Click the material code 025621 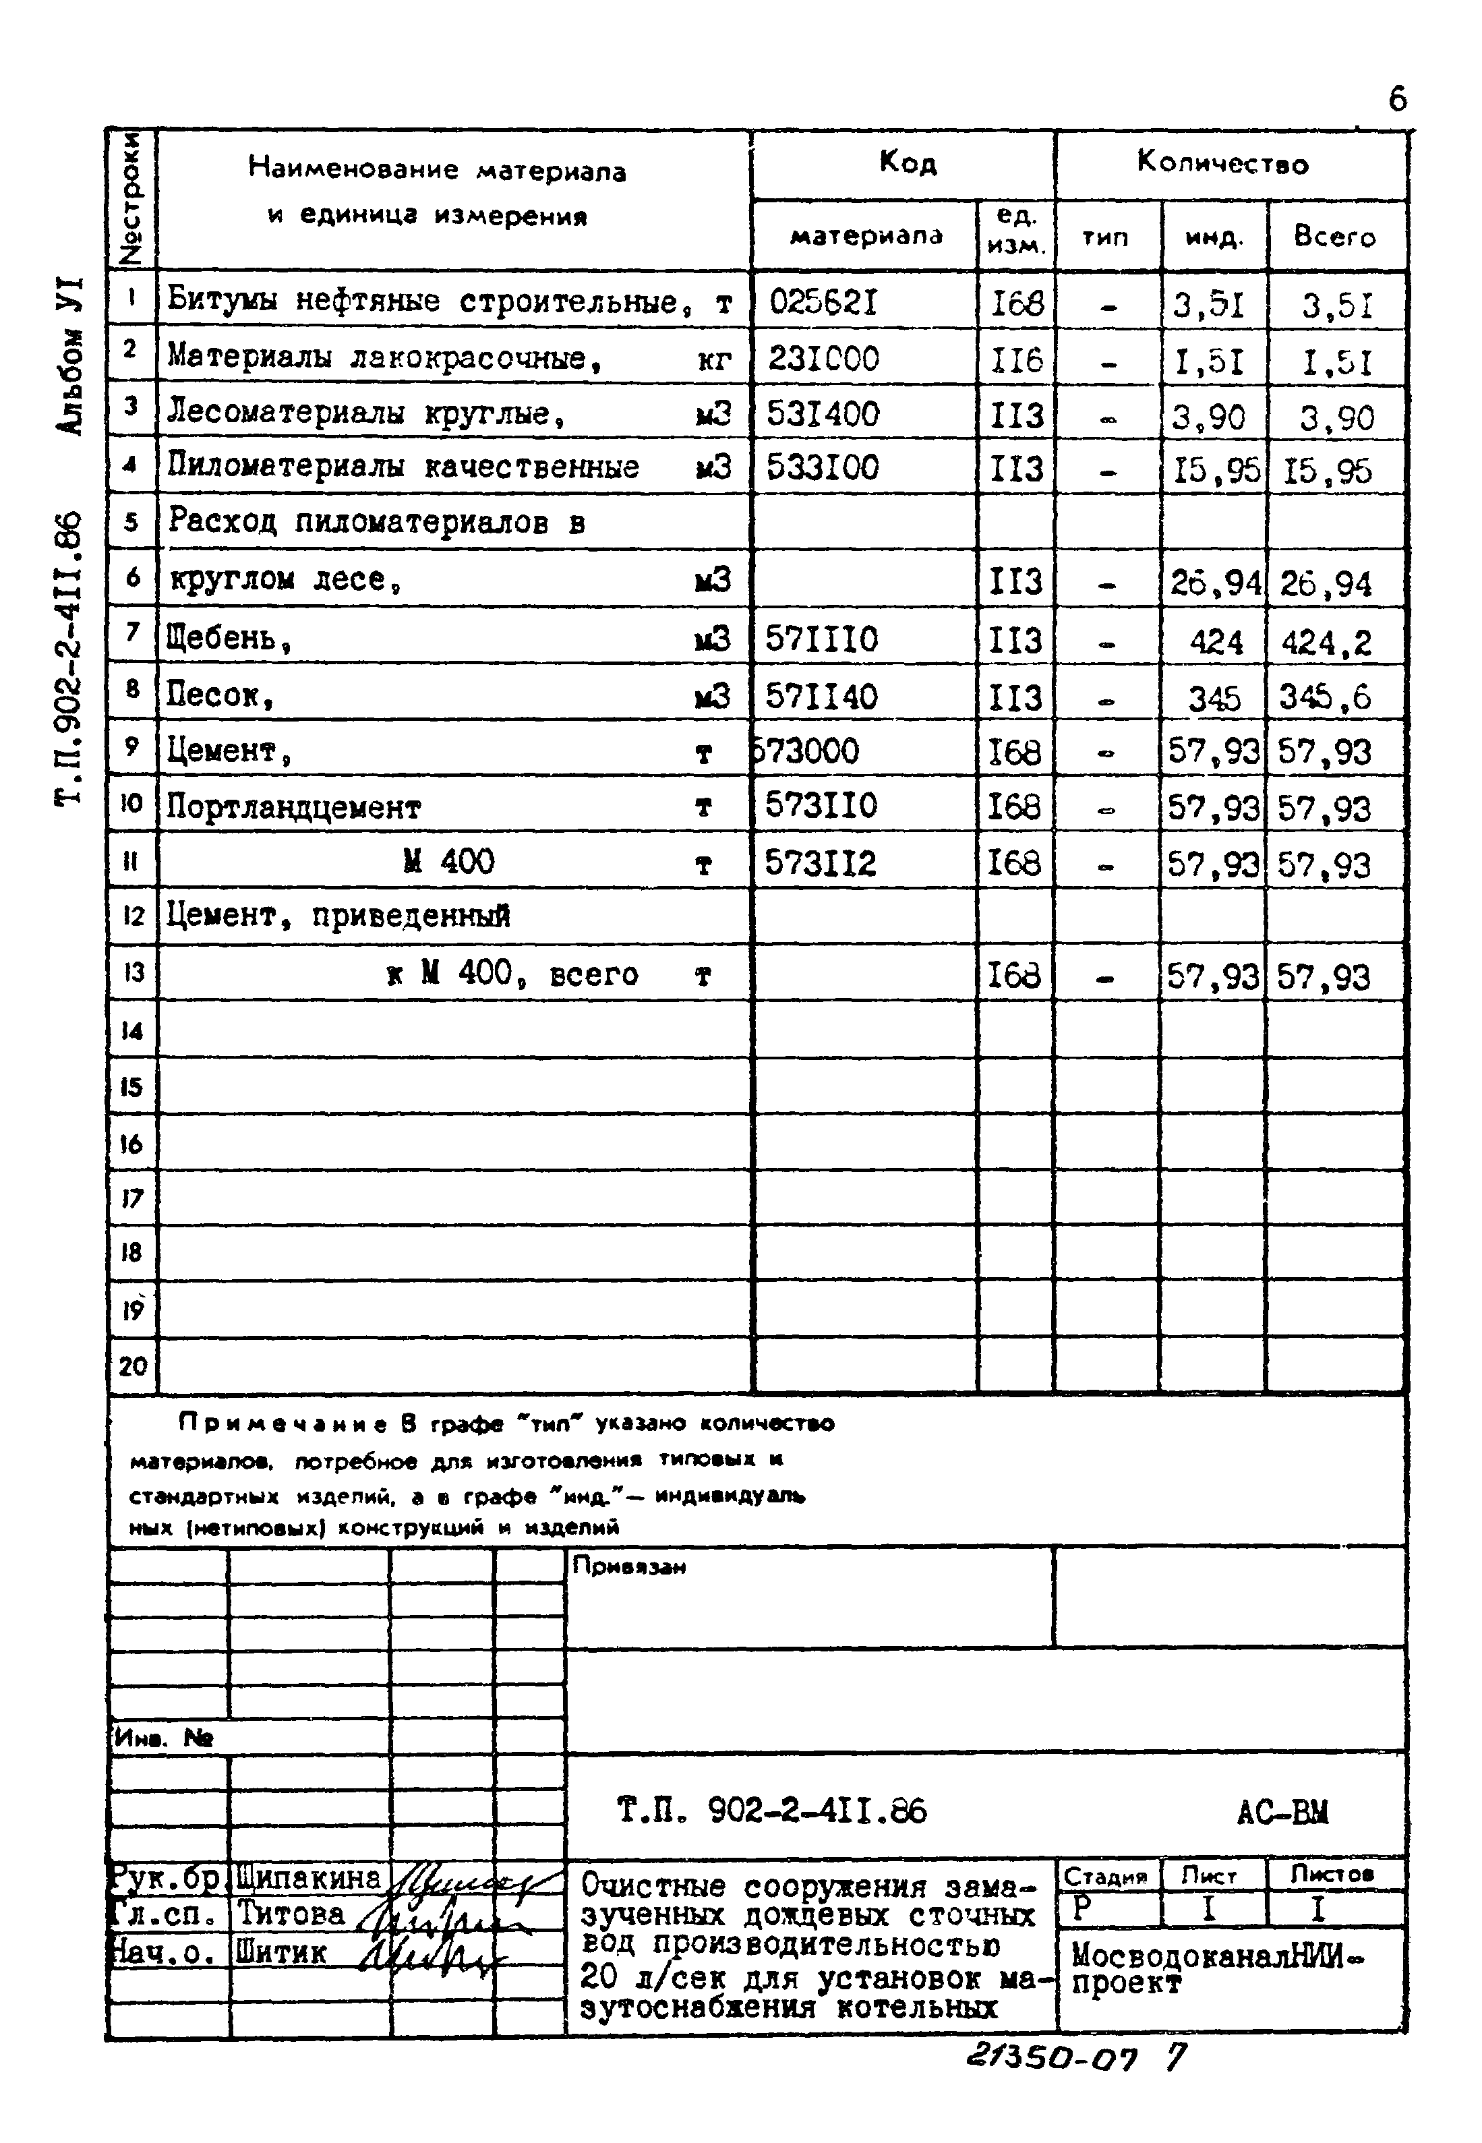tap(823, 303)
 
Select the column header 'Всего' tap(1334, 237)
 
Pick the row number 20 tap(133, 1366)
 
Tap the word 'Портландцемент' tap(293, 807)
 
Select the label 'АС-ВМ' tap(1282, 1811)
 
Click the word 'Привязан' tap(628, 1566)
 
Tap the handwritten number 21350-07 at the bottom tap(1051, 2060)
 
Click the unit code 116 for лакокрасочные tap(1017, 359)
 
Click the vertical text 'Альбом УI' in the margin tap(71, 355)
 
